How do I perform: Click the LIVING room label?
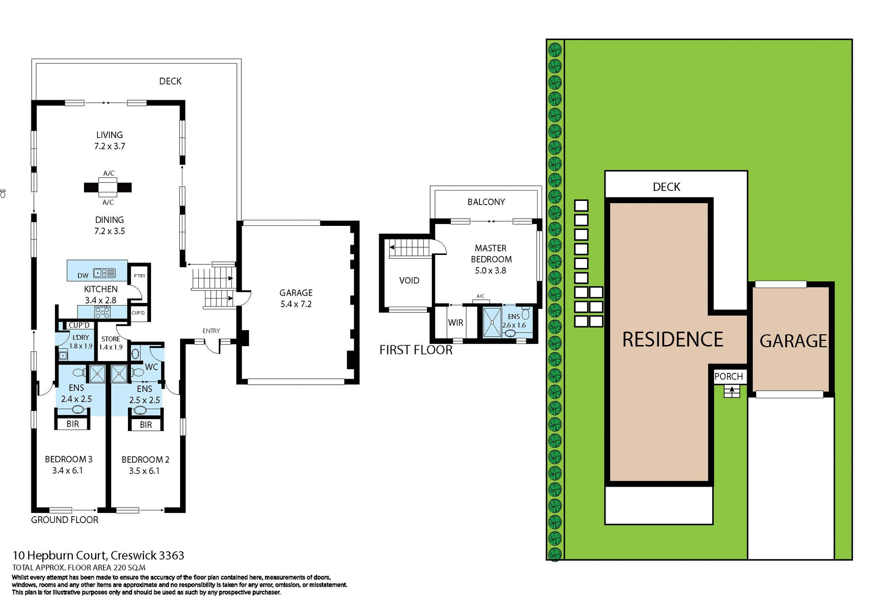[109, 135]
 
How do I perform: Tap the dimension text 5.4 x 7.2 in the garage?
[296, 304]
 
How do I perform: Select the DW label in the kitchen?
[83, 275]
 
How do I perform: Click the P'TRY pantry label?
[140, 276]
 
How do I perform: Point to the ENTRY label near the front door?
[211, 331]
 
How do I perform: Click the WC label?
[151, 367]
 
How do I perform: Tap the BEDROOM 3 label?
[69, 459]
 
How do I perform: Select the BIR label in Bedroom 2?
[146, 425]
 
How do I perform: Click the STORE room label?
[111, 339]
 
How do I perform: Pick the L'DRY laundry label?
[81, 337]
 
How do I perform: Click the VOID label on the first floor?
[409, 280]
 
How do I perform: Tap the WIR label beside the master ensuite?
[455, 323]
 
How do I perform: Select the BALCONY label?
[486, 202]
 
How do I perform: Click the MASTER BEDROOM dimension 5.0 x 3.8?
[490, 270]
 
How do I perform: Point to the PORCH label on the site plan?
[728, 376]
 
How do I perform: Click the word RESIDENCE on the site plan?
[672, 339]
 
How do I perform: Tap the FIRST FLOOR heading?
[416, 350]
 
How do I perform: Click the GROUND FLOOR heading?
[64, 520]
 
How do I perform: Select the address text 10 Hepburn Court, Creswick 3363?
[98, 555]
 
